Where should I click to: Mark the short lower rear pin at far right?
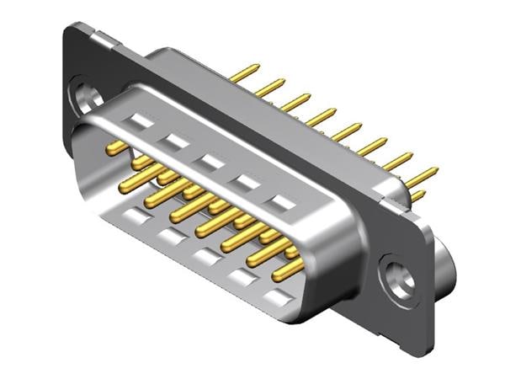[x=417, y=196]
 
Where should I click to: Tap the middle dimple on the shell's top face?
[x=210, y=161]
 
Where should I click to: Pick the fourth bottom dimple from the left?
[x=242, y=277]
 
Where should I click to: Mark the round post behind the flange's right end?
[x=447, y=265]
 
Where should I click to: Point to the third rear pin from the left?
[x=295, y=102]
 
